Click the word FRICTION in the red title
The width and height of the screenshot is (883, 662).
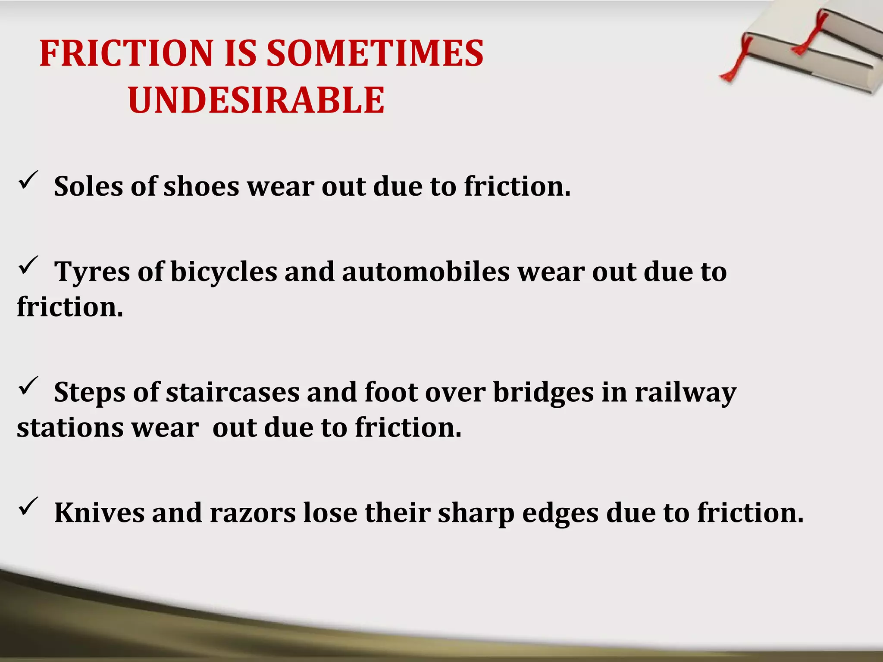tap(126, 53)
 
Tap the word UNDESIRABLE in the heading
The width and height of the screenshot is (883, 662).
tap(256, 100)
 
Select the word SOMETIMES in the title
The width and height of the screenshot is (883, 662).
tap(375, 53)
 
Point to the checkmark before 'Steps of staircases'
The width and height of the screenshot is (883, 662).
tap(28, 386)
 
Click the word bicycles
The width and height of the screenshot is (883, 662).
tap(224, 273)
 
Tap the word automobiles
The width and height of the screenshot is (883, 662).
tap(426, 272)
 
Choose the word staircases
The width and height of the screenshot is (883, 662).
tap(233, 393)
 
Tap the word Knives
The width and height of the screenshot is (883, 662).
tap(99, 513)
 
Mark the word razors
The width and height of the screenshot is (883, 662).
tap(253, 514)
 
